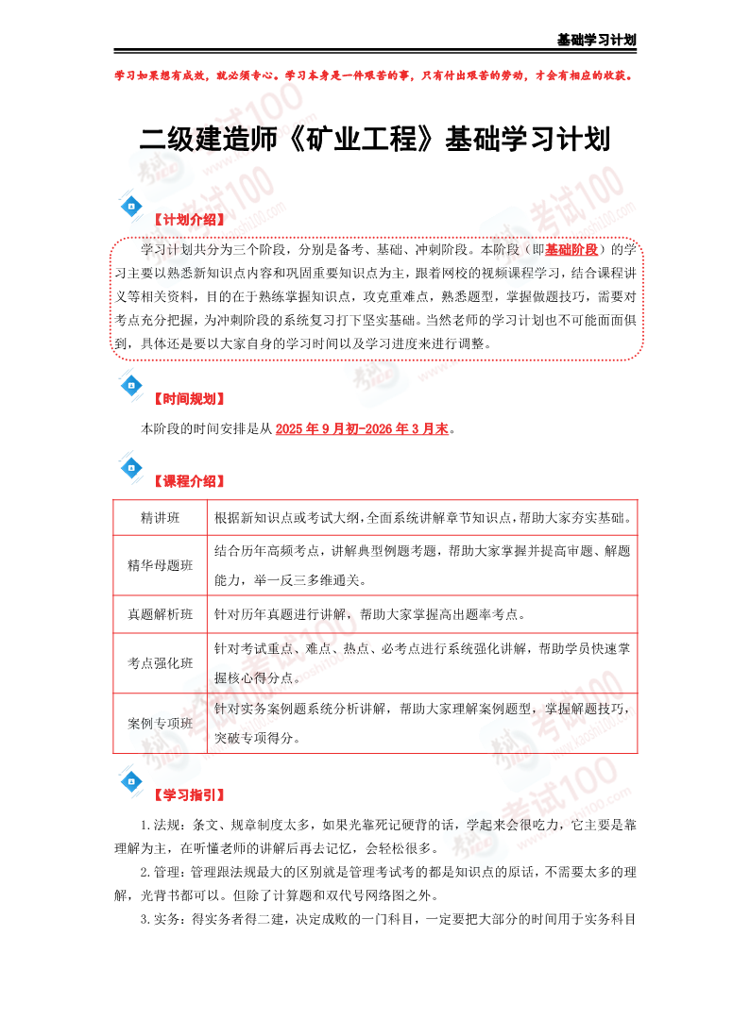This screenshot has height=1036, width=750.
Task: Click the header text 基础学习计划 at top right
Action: [596, 40]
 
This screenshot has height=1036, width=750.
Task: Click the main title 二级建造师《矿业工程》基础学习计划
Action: [375, 140]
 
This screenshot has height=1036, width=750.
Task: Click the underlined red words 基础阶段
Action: [572, 250]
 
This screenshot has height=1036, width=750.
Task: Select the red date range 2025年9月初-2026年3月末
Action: [363, 429]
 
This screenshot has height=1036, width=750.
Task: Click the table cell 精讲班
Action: [160, 518]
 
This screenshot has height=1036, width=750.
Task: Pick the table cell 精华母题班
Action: [160, 565]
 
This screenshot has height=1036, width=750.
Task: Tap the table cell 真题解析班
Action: [160, 614]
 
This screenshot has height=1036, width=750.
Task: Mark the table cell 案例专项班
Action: [160, 723]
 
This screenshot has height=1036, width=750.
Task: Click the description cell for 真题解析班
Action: [421, 614]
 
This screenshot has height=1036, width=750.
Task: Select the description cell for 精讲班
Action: [421, 518]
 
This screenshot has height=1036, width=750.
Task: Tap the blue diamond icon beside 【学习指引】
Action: [131, 782]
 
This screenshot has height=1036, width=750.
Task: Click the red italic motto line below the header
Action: [375, 75]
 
